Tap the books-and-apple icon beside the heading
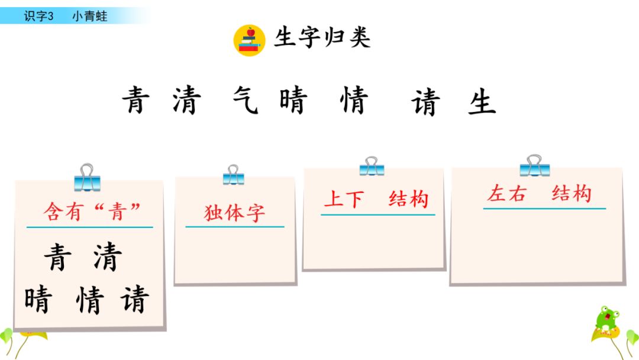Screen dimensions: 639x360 click(x=250, y=40)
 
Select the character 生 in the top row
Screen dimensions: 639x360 click(x=482, y=102)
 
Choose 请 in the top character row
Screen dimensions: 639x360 click(x=425, y=102)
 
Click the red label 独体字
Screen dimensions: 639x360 click(x=235, y=213)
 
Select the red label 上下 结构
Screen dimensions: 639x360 click(x=376, y=200)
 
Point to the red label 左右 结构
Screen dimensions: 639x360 click(x=539, y=194)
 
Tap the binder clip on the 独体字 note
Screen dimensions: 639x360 click(x=234, y=175)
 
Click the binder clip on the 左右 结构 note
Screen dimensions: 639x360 click(x=535, y=165)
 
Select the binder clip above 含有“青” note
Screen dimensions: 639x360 click(x=87, y=177)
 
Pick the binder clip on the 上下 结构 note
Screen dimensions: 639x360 click(x=372, y=166)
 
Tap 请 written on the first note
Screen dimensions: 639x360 click(x=134, y=300)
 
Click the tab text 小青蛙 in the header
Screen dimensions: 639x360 click(x=90, y=17)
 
